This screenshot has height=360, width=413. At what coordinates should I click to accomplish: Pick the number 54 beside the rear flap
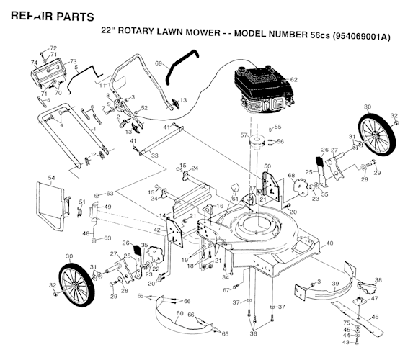click(51, 177)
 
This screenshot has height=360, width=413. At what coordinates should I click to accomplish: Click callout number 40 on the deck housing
click(329, 243)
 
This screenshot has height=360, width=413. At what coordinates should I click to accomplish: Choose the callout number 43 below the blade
click(345, 342)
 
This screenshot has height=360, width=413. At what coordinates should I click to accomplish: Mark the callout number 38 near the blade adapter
click(378, 281)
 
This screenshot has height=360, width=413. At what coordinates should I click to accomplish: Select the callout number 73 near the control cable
click(74, 62)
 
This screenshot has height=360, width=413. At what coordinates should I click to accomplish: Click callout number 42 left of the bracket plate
click(158, 230)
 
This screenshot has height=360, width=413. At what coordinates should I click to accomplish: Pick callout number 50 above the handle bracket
click(267, 167)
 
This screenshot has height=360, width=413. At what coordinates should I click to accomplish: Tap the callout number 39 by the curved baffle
click(334, 284)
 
